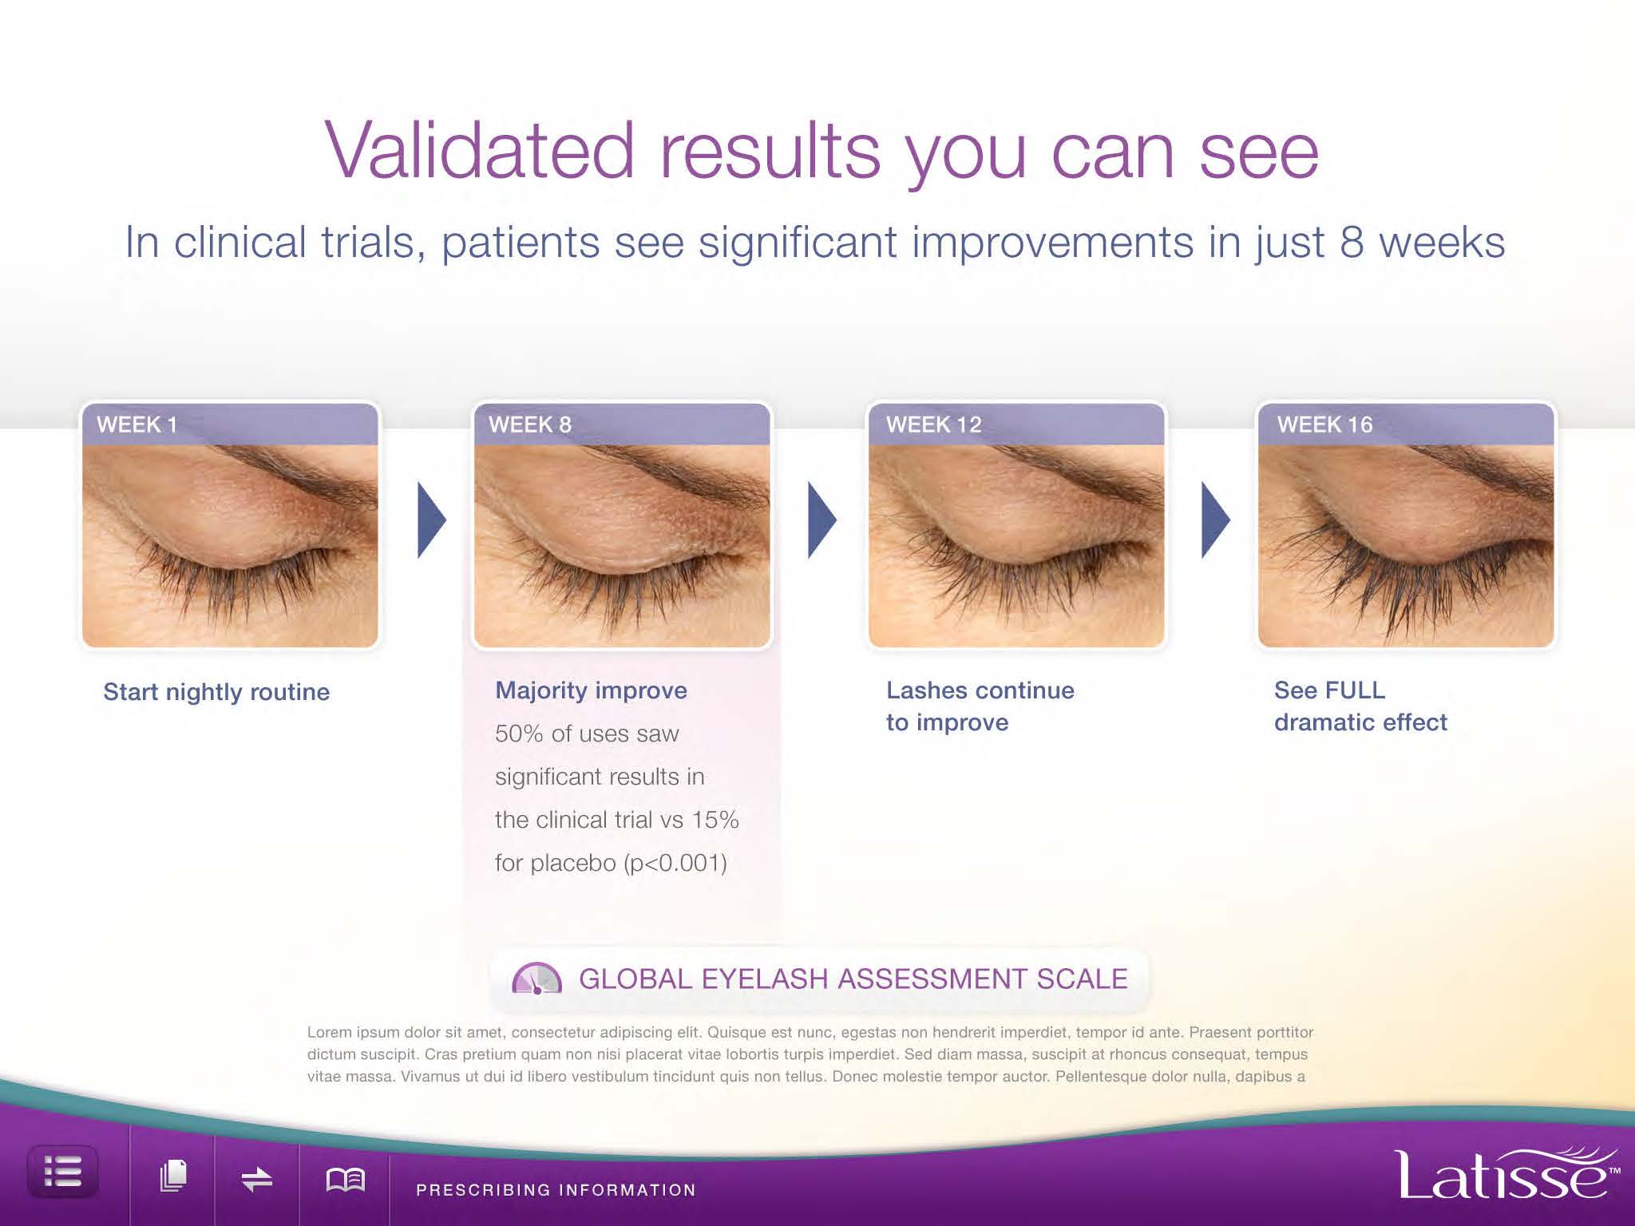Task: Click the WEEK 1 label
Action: click(x=137, y=425)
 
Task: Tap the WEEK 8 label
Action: click(x=530, y=425)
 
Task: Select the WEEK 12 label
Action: click(x=933, y=425)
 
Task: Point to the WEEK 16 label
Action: click(x=1324, y=425)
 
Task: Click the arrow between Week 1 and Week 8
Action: click(x=431, y=520)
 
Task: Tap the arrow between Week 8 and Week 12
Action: click(x=822, y=520)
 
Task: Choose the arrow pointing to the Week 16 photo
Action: click(x=1216, y=520)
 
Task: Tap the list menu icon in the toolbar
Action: click(x=63, y=1172)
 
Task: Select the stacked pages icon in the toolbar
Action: click(x=173, y=1176)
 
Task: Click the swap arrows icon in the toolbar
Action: click(x=257, y=1179)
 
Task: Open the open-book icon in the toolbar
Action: click(x=346, y=1179)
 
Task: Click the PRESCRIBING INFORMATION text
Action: click(x=556, y=1190)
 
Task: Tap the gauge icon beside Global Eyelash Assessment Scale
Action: click(x=536, y=979)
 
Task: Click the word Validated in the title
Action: click(x=479, y=151)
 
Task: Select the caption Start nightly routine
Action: click(x=216, y=692)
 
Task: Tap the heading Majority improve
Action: click(x=591, y=691)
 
